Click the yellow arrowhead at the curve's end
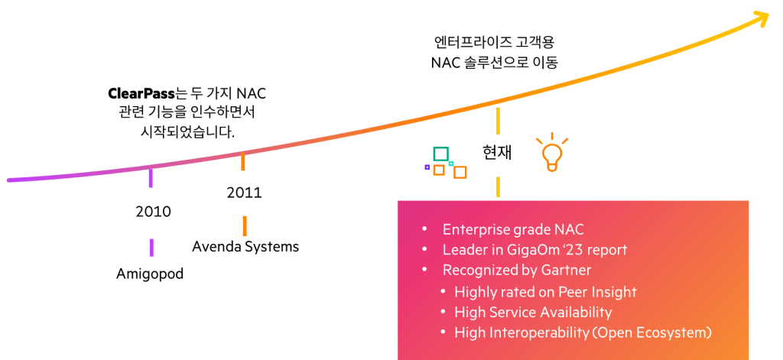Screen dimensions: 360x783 pos(762,18)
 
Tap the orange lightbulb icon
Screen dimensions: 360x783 pos(551,153)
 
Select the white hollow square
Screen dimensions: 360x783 pos(453,141)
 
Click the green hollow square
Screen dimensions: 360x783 pos(440,154)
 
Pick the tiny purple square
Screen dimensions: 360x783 pos(427,167)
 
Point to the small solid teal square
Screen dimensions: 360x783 pos(451,163)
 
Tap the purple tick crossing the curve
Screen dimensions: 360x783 pos(151,178)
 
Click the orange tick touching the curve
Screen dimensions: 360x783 pos(243,162)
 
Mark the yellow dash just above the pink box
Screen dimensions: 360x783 pos(498,186)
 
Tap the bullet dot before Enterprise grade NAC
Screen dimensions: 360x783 pos(424,229)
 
